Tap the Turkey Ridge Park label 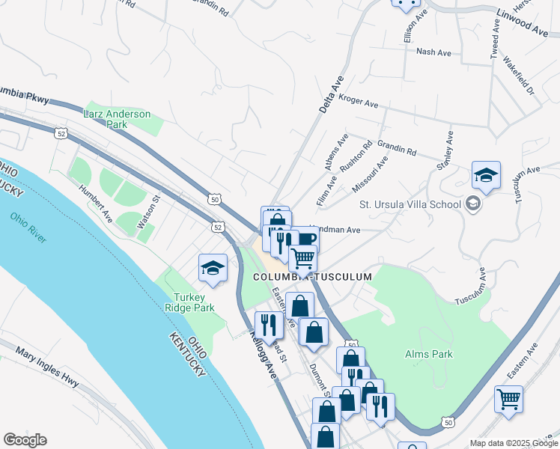[x=189, y=302]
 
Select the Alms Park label [x=425, y=353]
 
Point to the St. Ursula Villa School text [x=409, y=204]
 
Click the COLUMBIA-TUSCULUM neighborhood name [x=312, y=277]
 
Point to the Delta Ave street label [x=331, y=94]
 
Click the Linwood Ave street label [x=522, y=22]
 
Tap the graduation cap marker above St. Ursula [x=486, y=177]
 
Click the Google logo [x=25, y=440]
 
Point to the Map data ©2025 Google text [x=513, y=443]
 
